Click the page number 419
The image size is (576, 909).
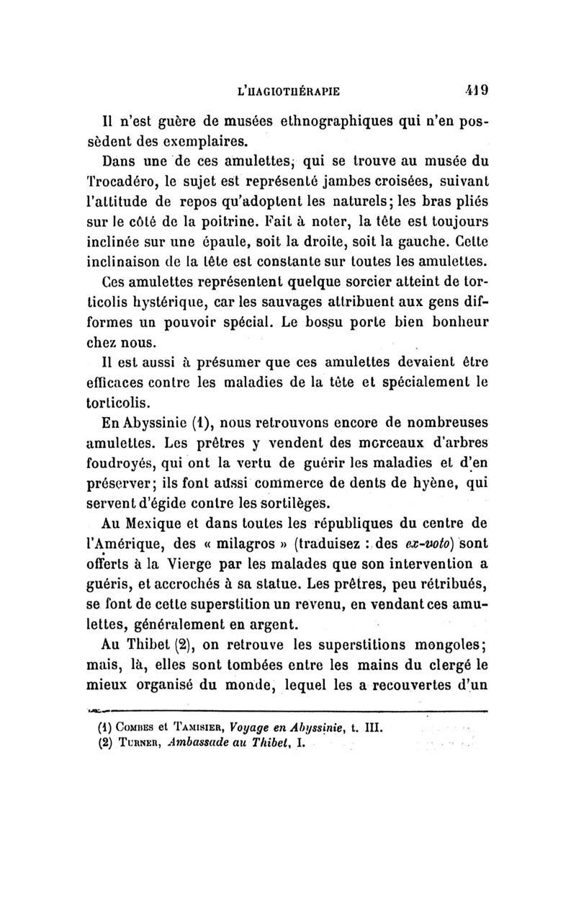pyautogui.click(x=477, y=91)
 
